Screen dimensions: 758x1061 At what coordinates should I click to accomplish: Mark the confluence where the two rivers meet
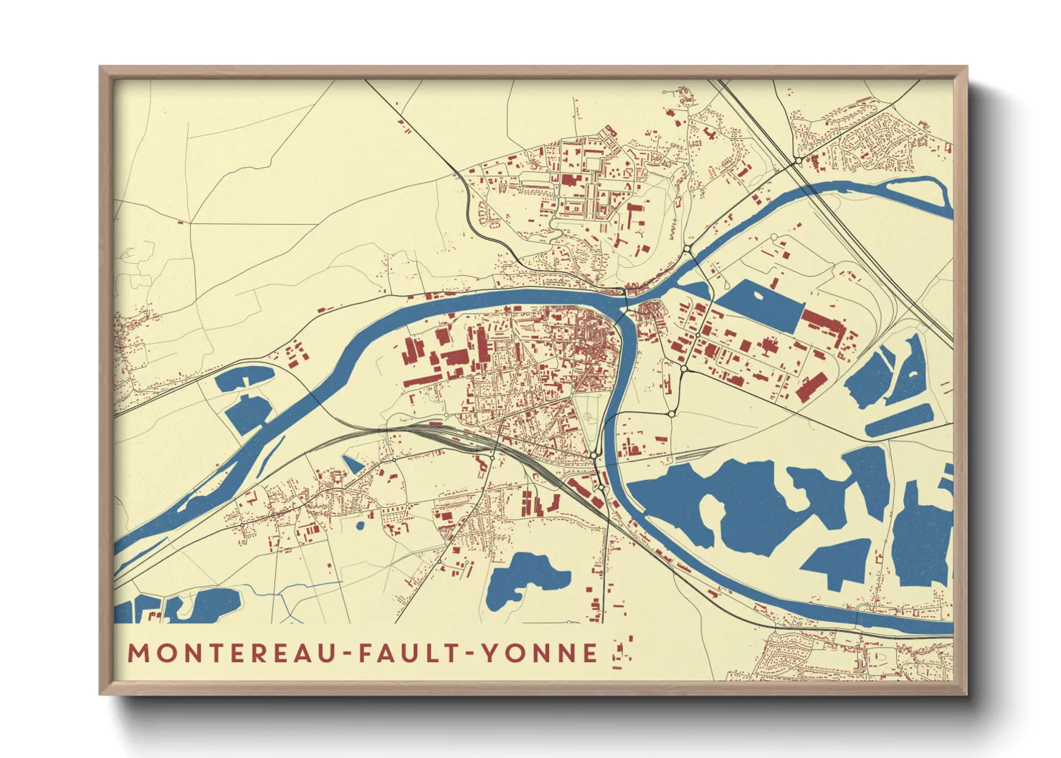[627, 304]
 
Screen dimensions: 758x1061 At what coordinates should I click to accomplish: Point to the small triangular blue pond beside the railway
[352, 464]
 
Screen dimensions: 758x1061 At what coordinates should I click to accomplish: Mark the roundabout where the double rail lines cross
[797, 160]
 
